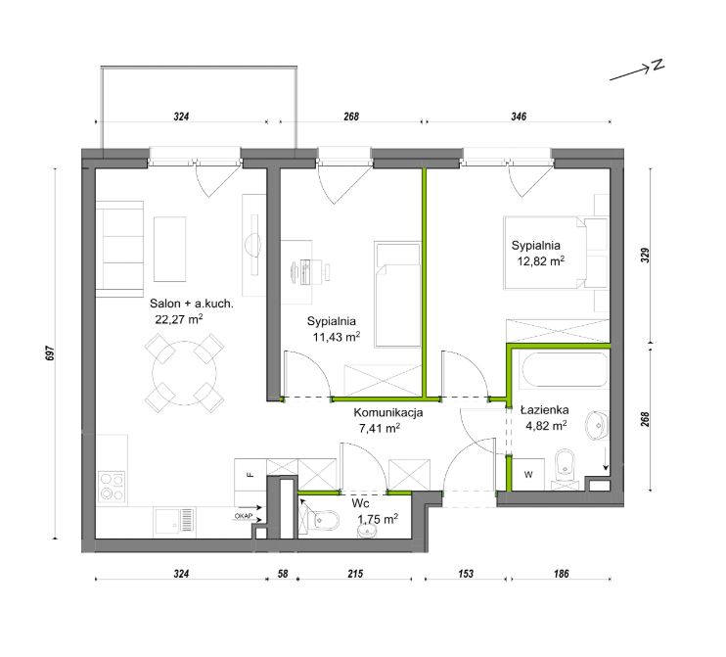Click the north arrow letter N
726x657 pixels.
tap(658, 66)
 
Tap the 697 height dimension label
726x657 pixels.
tap(51, 353)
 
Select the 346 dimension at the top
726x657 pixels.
tap(519, 117)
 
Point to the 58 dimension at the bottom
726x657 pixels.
tap(283, 574)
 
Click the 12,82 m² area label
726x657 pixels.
tap(541, 261)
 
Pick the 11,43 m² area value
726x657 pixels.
tap(337, 337)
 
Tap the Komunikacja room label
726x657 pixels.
tap(388, 412)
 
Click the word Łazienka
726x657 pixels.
tap(544, 410)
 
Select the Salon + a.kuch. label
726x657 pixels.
tap(192, 304)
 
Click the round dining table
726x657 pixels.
tap(185, 373)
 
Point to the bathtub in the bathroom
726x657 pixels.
tap(565, 370)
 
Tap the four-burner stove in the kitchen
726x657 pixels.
tap(113, 487)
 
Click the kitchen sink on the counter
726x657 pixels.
tap(174, 520)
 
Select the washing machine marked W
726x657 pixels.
tap(528, 474)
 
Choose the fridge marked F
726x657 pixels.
tap(250, 475)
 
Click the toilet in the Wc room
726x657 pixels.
tap(320, 520)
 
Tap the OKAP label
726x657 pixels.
tap(243, 516)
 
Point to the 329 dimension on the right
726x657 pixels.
tap(645, 256)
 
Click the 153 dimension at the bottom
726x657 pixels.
tap(466, 574)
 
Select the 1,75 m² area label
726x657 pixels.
tap(378, 519)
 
